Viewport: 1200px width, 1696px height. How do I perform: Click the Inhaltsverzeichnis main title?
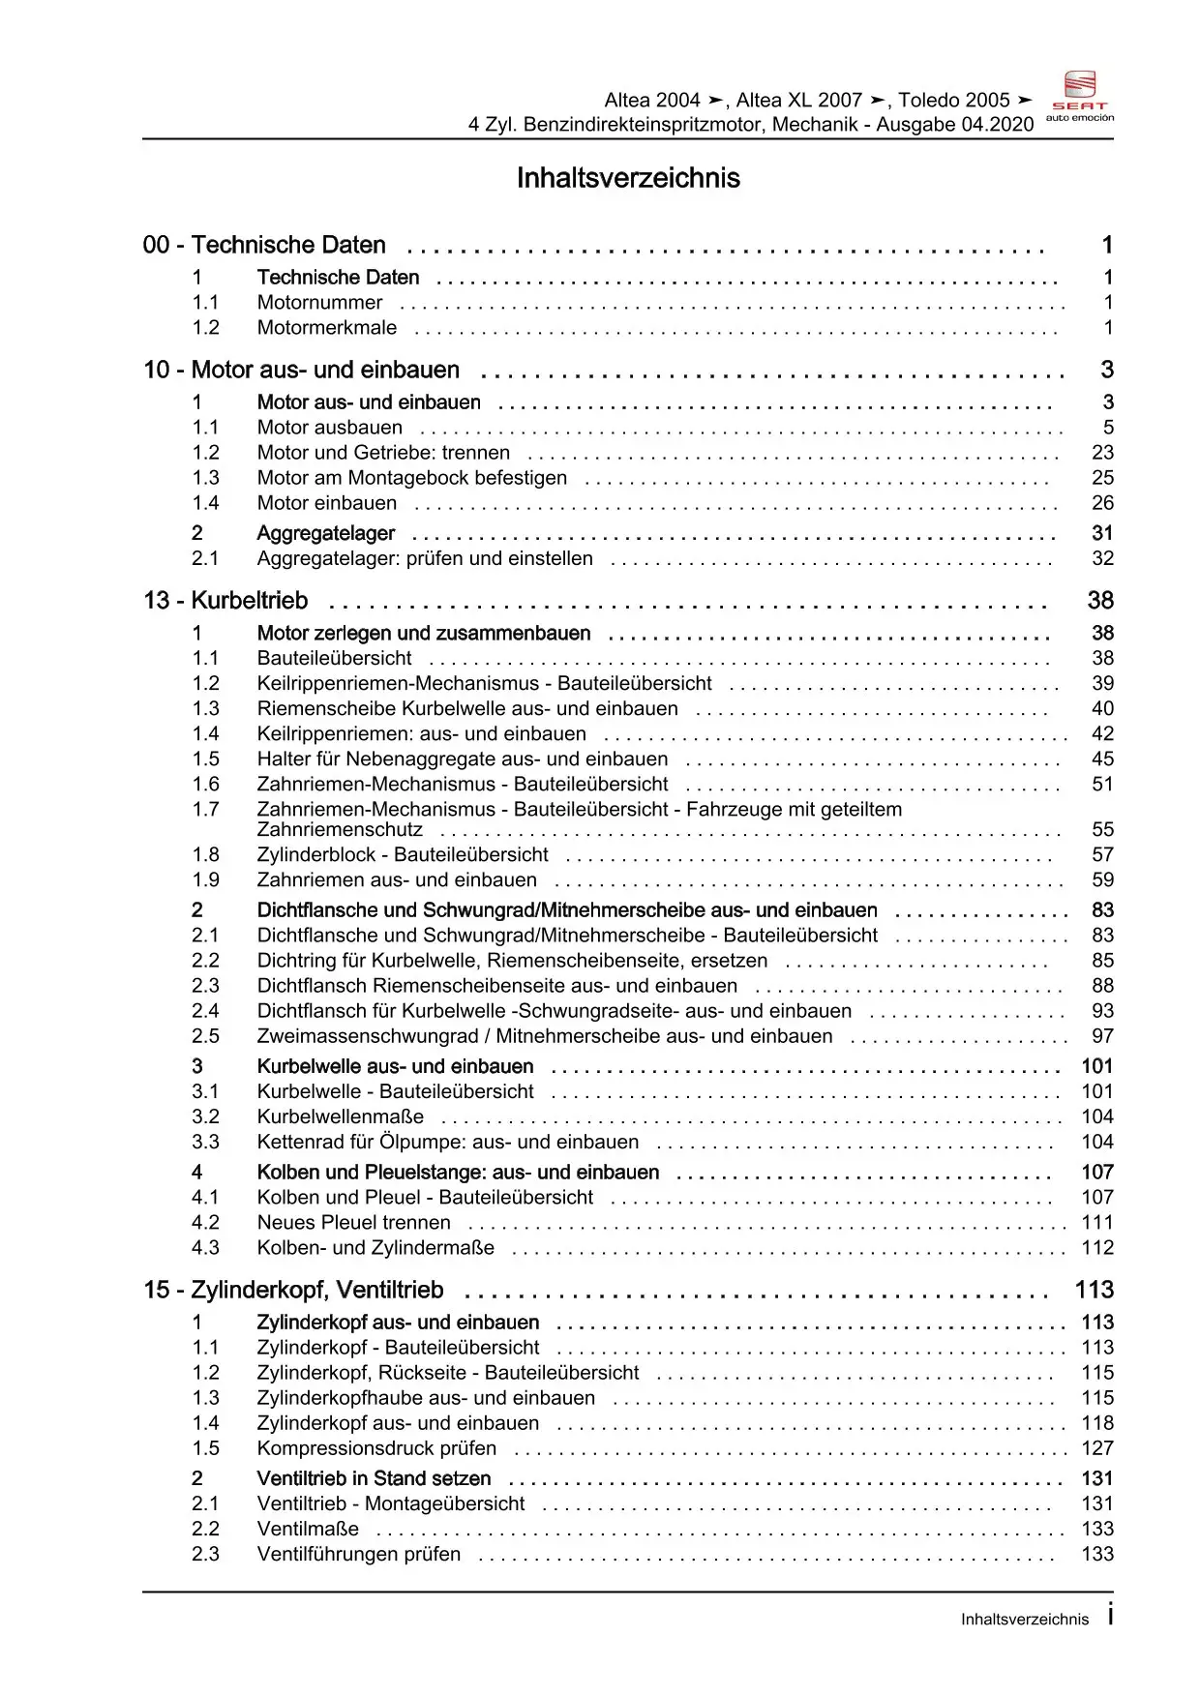(628, 178)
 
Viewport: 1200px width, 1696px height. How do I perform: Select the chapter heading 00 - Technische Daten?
(264, 245)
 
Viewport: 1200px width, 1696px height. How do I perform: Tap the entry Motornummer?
(319, 303)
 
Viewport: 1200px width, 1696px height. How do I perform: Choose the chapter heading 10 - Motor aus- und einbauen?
(302, 370)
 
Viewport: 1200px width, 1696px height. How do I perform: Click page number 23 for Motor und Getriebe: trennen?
(1102, 453)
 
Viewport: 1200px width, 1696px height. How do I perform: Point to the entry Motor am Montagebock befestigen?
(412, 478)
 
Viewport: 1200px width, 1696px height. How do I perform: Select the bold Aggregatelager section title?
(326, 533)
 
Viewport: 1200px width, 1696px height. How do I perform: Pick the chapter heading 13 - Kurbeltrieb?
(225, 601)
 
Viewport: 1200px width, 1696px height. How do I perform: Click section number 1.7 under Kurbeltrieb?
(205, 810)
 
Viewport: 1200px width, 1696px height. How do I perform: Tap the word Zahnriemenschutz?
(340, 830)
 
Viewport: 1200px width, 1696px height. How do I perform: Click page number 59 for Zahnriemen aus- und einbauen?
(1102, 880)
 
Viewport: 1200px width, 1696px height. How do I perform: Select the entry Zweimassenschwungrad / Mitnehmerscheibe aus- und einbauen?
(545, 1036)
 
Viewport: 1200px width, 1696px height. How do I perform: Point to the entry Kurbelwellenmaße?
(341, 1116)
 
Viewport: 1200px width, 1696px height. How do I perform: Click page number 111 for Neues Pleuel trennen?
(1097, 1223)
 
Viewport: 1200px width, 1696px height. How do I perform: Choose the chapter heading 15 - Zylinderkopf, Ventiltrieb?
(294, 1290)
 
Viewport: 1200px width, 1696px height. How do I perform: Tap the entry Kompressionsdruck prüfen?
(376, 1448)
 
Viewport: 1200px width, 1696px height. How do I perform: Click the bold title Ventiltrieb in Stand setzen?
(374, 1478)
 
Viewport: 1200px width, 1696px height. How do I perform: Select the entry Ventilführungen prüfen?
(359, 1554)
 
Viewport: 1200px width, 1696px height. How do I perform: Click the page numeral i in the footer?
(1110, 1615)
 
